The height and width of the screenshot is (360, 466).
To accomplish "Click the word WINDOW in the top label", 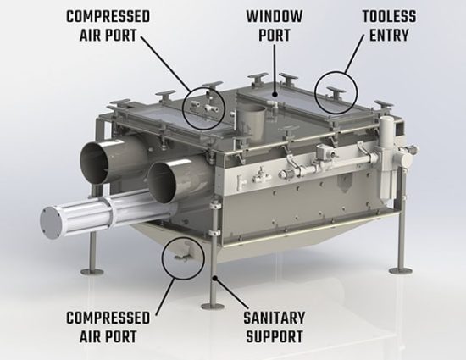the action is click(x=274, y=17).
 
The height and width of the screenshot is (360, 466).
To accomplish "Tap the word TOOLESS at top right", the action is click(x=389, y=17).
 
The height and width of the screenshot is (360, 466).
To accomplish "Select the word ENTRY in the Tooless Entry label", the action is click(x=389, y=36).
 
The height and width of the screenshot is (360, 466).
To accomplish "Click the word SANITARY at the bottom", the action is click(x=274, y=318).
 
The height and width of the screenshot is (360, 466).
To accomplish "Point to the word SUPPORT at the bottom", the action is click(x=274, y=336).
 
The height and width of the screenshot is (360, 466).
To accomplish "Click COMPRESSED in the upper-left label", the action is click(x=108, y=17).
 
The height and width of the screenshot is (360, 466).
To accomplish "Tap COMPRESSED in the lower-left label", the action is click(x=108, y=318).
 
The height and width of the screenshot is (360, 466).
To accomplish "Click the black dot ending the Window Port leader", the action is click(x=275, y=95).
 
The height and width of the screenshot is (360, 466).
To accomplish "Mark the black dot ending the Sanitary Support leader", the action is click(x=214, y=278).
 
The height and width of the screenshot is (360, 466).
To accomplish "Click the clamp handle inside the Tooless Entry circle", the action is click(x=336, y=91).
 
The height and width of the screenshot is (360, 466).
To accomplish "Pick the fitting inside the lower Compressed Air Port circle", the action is click(x=182, y=256).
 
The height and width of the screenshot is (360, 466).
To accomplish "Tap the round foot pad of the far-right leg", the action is click(x=401, y=270).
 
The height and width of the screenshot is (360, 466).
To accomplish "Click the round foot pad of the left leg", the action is click(x=92, y=272).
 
